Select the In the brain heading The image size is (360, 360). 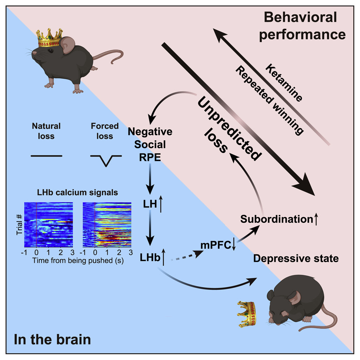pyautogui.click(x=52, y=340)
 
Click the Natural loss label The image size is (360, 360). pyautogui.click(x=46, y=131)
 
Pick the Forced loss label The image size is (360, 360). pyautogui.click(x=105, y=131)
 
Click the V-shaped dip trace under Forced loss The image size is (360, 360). pyautogui.click(x=106, y=160)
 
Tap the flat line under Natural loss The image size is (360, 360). pyautogui.click(x=47, y=156)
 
